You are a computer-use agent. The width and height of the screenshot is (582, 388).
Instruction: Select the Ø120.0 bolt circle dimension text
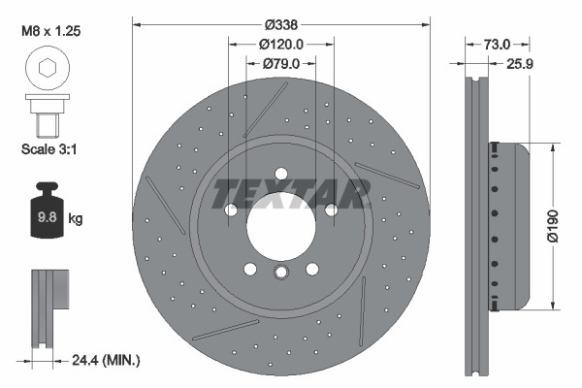coord(281,44)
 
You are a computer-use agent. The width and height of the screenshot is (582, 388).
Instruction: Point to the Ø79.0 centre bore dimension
coord(281,64)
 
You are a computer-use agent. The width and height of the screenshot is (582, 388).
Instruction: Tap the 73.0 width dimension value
coord(496,44)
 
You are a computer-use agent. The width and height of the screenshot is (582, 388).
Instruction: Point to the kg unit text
coord(76,219)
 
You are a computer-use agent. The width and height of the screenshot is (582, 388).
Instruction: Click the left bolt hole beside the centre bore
coord(232,210)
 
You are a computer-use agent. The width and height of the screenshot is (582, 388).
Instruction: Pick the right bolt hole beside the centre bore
coord(331,210)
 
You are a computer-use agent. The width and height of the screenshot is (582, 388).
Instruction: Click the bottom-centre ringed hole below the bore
coord(281,274)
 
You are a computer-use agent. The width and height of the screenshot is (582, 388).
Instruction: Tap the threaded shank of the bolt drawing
coord(44,124)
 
